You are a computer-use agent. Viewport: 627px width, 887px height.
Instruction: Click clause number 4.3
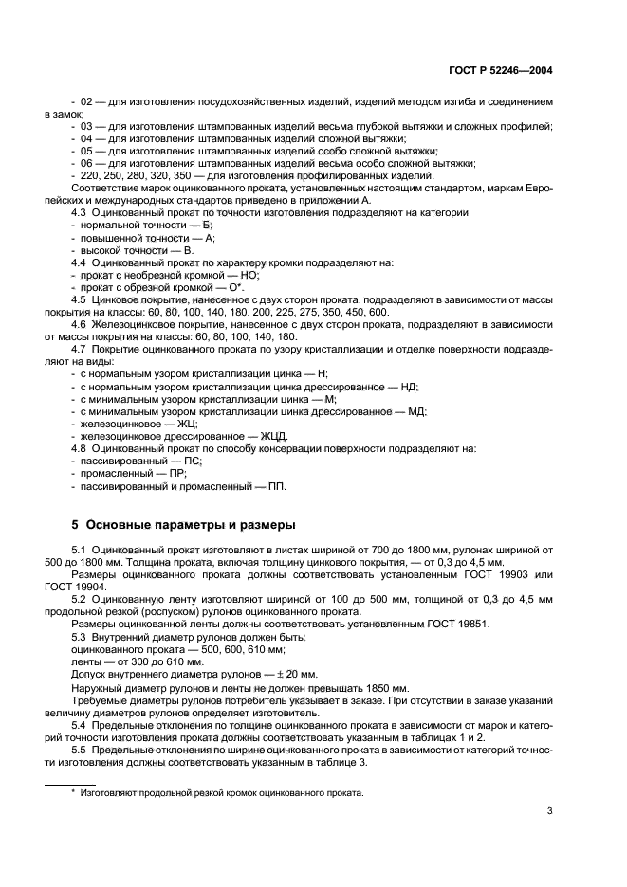pyautogui.click(x=81, y=212)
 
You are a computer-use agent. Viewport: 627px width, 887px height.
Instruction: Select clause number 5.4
pyautogui.click(x=81, y=724)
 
